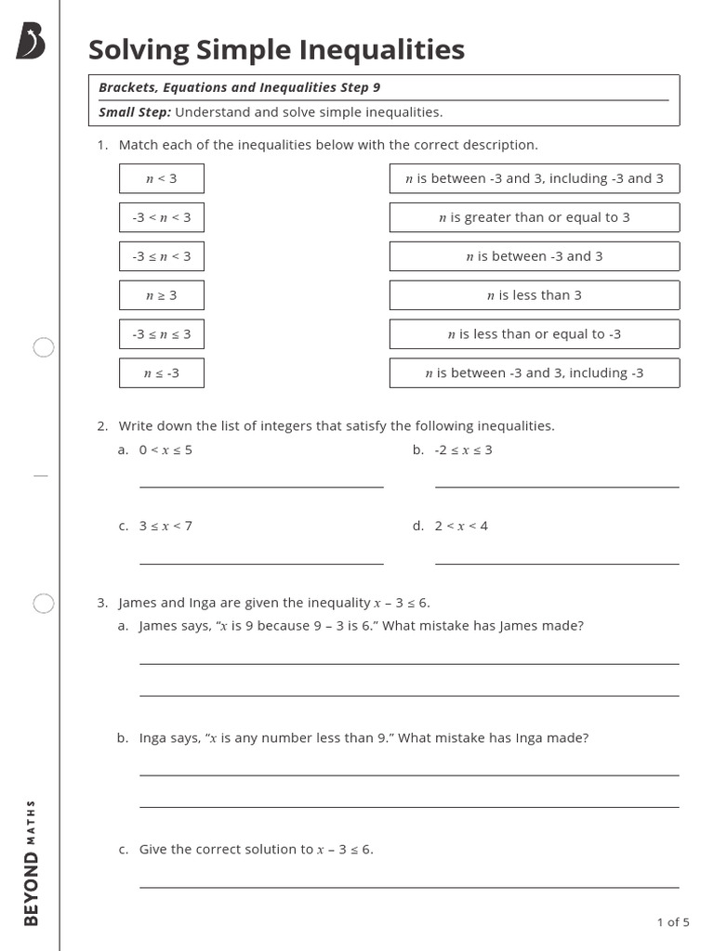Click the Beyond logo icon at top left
pyautogui.click(x=30, y=42)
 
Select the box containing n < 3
pyautogui.click(x=161, y=178)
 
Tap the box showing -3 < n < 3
pyautogui.click(x=161, y=217)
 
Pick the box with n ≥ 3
pyautogui.click(x=161, y=295)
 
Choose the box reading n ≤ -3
pyautogui.click(x=161, y=373)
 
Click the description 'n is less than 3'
pyautogui.click(x=534, y=295)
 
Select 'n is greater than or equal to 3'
pyautogui.click(x=534, y=217)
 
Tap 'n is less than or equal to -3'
pyautogui.click(x=534, y=334)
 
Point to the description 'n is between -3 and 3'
pyautogui.click(x=534, y=256)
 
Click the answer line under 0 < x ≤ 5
pyautogui.click(x=261, y=485)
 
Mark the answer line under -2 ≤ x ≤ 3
pyautogui.click(x=556, y=485)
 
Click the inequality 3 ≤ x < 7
pyautogui.click(x=165, y=526)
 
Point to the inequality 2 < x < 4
pyautogui.click(x=461, y=526)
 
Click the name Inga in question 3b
pyautogui.click(x=152, y=738)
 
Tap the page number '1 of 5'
pyautogui.click(x=672, y=922)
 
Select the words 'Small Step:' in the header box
pyautogui.click(x=135, y=112)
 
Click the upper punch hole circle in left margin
pyautogui.click(x=44, y=348)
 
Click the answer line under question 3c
pyautogui.click(x=408, y=886)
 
